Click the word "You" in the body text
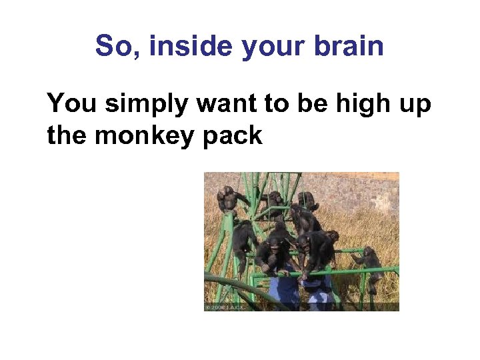click(x=71, y=104)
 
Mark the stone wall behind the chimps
click(x=360, y=190)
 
